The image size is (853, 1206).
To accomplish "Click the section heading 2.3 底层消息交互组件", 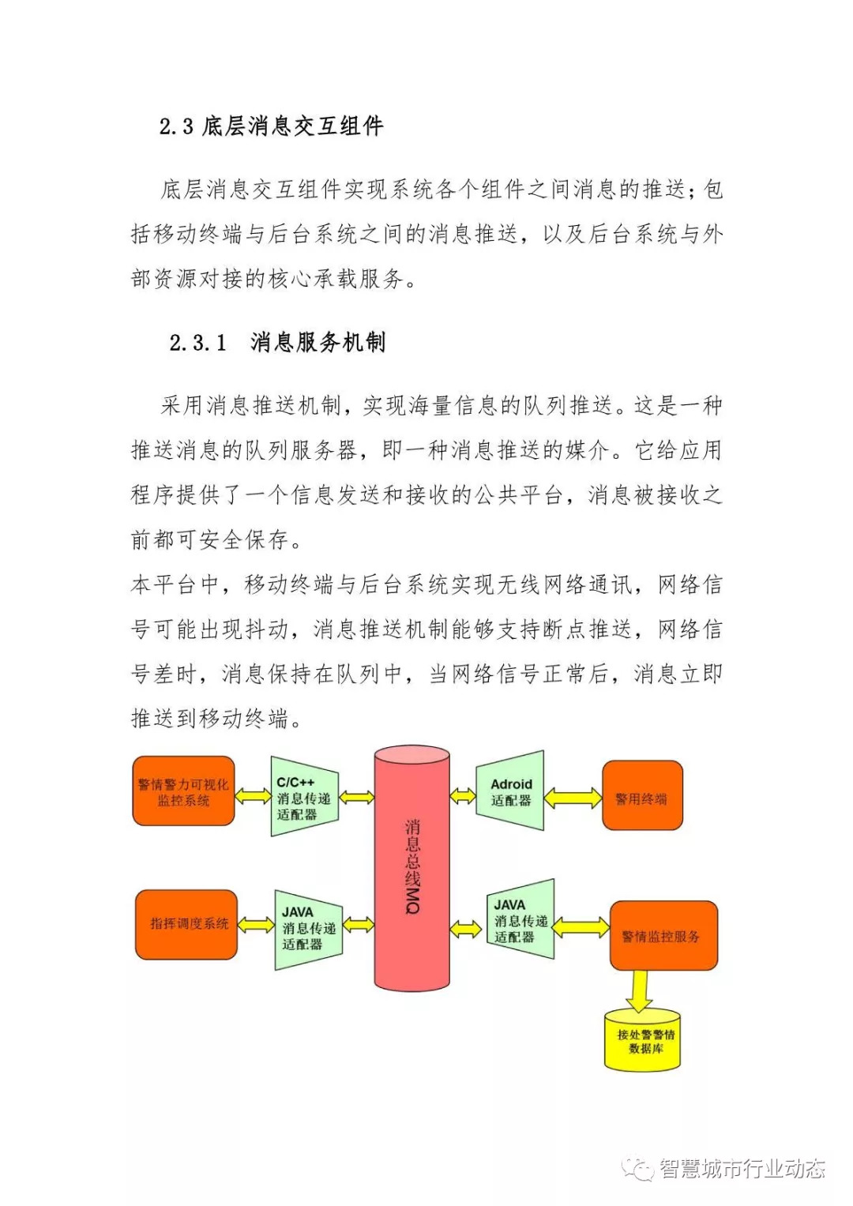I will (271, 126).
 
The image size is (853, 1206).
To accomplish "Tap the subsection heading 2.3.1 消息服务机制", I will (277, 343).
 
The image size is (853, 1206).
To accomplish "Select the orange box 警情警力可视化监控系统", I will (183, 791).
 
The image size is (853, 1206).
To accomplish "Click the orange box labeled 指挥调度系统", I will (186, 924).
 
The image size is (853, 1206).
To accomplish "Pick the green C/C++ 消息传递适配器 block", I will (303, 797).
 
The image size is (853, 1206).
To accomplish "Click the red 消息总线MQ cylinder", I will (411, 869).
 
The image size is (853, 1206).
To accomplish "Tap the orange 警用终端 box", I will (641, 796).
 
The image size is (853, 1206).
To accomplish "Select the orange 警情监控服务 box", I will (662, 936).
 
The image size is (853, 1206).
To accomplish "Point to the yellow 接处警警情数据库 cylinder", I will (642, 1040).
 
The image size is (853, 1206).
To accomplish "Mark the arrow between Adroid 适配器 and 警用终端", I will (573, 797).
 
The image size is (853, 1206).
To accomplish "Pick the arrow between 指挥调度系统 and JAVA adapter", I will (256, 924).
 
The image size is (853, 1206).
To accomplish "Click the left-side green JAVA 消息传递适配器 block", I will (308, 929).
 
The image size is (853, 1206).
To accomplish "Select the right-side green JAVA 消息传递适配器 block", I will (520, 921).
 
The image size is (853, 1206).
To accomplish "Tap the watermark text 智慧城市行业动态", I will (742, 1168).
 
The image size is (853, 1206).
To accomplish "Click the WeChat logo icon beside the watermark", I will (637, 1169).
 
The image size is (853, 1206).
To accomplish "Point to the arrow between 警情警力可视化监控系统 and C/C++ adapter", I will (253, 796).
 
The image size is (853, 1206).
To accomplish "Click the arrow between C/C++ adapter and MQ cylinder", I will (356, 797).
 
